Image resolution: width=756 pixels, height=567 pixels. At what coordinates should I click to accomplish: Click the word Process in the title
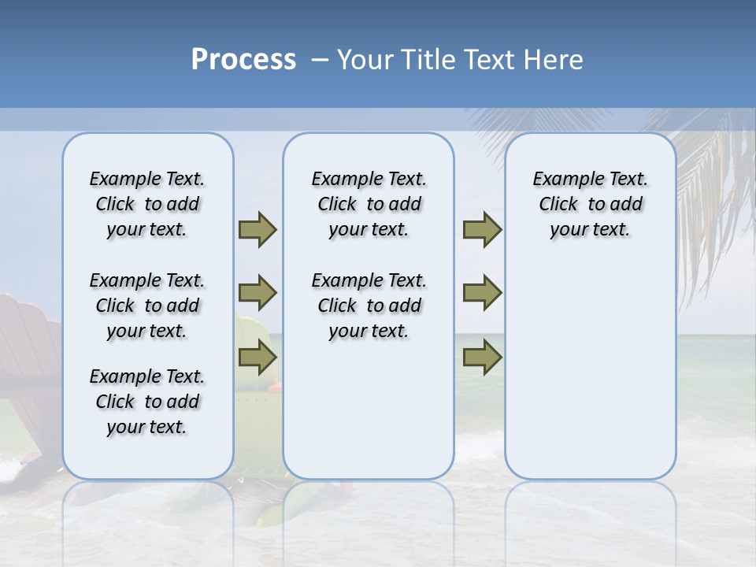point(243,59)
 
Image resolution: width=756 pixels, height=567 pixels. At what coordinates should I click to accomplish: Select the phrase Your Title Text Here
point(460,60)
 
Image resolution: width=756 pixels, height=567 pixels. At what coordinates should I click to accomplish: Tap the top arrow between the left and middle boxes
point(258,230)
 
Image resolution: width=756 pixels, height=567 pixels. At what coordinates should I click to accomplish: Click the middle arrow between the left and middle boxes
point(258,293)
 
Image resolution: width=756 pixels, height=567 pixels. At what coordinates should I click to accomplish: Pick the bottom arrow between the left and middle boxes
point(258,358)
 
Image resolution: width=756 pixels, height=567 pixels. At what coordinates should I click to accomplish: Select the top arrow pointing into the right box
point(482,230)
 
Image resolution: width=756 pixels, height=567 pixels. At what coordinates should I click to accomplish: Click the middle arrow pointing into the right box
point(482,293)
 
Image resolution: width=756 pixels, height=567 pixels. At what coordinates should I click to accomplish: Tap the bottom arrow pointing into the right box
point(482,358)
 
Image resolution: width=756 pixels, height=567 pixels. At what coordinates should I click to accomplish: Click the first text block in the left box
point(147,204)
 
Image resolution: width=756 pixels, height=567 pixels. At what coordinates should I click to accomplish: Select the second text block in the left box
point(147,306)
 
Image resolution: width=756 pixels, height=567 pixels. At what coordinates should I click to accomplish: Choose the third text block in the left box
point(147,402)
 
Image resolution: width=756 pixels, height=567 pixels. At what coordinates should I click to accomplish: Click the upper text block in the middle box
point(369,204)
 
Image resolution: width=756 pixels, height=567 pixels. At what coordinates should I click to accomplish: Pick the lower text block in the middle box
point(369,306)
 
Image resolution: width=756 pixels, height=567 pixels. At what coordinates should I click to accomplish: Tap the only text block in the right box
point(590,204)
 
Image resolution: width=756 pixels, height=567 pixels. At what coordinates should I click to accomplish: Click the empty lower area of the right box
point(590,378)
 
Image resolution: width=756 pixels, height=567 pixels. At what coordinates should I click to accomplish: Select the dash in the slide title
point(319,60)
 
